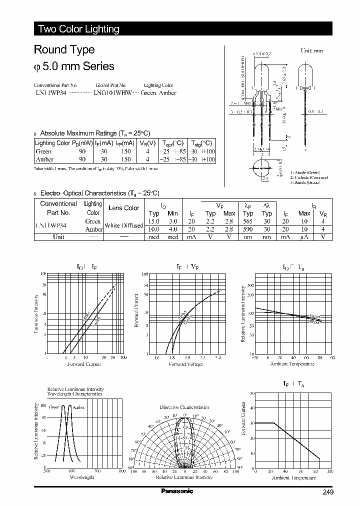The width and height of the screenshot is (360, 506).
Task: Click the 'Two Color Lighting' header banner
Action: click(78, 29)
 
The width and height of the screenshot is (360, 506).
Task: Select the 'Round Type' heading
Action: click(64, 50)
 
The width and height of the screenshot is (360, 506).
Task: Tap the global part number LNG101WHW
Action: click(112, 93)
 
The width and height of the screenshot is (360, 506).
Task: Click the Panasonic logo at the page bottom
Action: click(177, 491)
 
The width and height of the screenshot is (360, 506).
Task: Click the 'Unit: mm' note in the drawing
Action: click(311, 51)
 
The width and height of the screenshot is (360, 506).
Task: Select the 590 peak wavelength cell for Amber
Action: click(248, 229)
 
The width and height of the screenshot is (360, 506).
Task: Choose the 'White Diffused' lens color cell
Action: click(124, 225)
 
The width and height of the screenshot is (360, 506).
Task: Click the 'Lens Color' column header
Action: click(124, 208)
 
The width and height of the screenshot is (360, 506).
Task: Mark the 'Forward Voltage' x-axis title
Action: click(186, 364)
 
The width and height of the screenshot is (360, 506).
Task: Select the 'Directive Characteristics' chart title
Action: click(184, 407)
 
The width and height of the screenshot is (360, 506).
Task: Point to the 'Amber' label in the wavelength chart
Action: click(79, 407)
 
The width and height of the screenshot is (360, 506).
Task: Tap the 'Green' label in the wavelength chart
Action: click(53, 407)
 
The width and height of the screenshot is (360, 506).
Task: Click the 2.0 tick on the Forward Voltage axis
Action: click(187, 358)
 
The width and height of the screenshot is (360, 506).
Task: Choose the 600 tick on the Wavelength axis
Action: click(72, 471)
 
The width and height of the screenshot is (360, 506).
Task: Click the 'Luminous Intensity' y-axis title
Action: click(36, 314)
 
